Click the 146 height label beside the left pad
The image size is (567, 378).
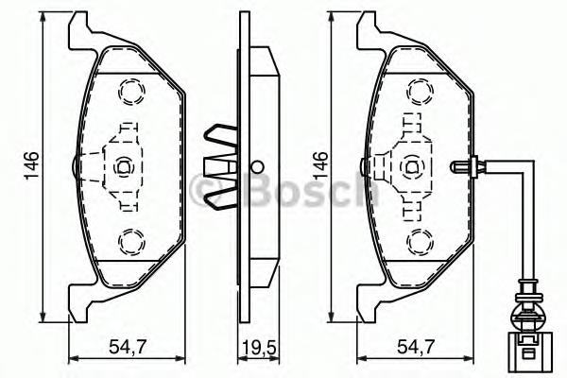31,164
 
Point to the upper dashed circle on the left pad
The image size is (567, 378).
128,92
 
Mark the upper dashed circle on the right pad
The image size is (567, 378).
416,92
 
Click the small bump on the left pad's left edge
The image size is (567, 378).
76,167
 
